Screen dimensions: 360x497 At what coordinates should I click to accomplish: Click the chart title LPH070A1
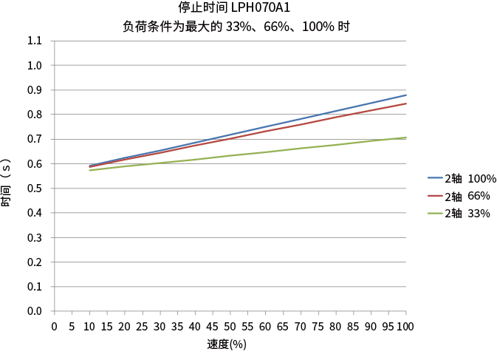click(x=234, y=8)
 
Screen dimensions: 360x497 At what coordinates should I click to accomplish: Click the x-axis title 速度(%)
click(x=227, y=344)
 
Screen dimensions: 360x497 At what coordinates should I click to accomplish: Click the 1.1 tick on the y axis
click(x=34, y=41)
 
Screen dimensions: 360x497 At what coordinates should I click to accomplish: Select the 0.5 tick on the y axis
click(x=34, y=189)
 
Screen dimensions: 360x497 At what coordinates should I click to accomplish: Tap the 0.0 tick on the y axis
click(x=34, y=311)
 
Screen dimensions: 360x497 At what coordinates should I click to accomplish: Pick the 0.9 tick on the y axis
click(x=34, y=90)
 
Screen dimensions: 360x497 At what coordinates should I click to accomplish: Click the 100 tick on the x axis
click(x=405, y=326)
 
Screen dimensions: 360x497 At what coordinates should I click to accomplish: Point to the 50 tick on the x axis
click(x=230, y=326)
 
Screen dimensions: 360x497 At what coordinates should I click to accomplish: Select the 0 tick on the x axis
click(x=54, y=326)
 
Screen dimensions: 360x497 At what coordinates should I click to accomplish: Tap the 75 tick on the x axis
click(x=318, y=326)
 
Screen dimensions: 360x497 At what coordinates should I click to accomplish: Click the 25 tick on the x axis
click(x=142, y=326)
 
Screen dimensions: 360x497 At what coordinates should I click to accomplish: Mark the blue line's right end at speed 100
click(x=406, y=95)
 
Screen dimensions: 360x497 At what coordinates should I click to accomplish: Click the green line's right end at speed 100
click(x=406, y=137)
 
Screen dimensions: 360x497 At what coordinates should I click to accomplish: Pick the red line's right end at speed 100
click(x=406, y=103)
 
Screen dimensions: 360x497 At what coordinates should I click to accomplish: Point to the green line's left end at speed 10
click(x=89, y=170)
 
